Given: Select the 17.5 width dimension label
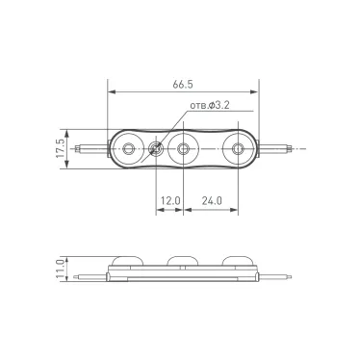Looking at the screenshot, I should coord(61,148).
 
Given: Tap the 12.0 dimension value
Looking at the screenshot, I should coord(170,200).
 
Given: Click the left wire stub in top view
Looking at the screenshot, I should coord(92,149).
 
